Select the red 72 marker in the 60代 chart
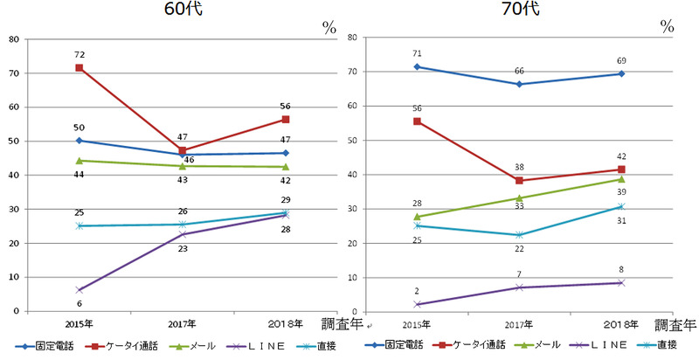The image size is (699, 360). (80, 67)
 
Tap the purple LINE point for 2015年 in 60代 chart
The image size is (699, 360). (80, 290)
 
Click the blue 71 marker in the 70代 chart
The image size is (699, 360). (417, 66)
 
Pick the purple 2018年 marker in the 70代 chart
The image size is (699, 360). (621, 282)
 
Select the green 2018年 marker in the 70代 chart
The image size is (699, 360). (621, 179)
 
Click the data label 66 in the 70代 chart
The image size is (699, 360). (519, 70)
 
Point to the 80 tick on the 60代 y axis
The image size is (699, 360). (14, 38)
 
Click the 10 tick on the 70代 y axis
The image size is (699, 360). (352, 278)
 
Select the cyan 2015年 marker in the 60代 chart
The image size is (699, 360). (80, 225)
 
